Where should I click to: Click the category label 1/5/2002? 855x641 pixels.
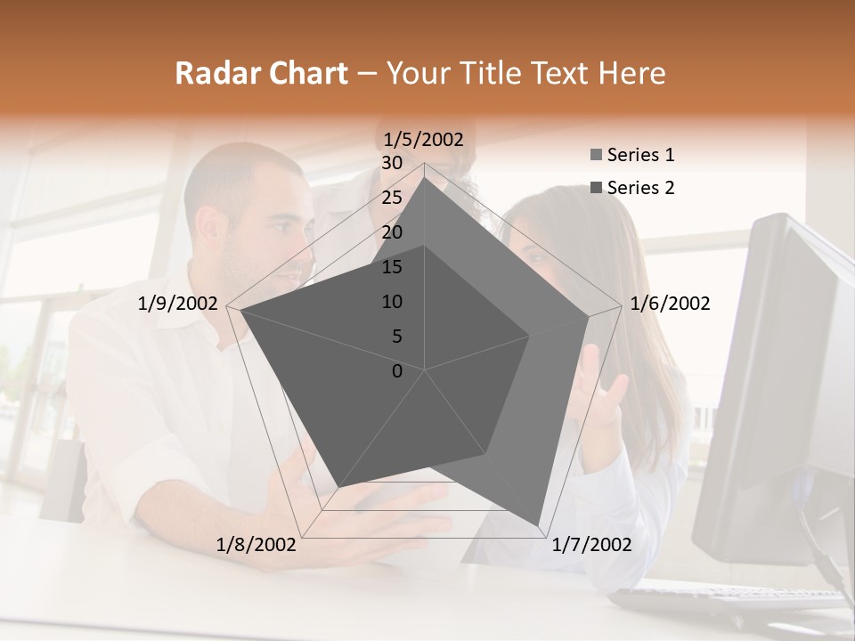(x=423, y=139)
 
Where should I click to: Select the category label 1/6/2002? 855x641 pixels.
(x=670, y=304)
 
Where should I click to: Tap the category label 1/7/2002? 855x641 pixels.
(x=591, y=545)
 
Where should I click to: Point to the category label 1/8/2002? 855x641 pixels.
(x=256, y=545)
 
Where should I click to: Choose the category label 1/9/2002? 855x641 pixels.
(x=178, y=304)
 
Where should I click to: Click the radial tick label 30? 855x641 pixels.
(x=392, y=163)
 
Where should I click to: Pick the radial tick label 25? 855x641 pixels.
(x=392, y=198)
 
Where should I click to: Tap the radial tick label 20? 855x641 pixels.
(x=392, y=232)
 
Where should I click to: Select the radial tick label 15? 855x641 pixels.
(x=392, y=267)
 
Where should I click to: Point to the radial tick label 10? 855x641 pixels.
(x=392, y=302)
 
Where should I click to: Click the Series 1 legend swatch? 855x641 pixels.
(x=596, y=156)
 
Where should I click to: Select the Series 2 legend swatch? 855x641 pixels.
(x=596, y=188)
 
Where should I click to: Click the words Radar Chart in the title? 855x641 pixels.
(x=261, y=74)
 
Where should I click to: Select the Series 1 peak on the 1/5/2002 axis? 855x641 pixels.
(x=425, y=177)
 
